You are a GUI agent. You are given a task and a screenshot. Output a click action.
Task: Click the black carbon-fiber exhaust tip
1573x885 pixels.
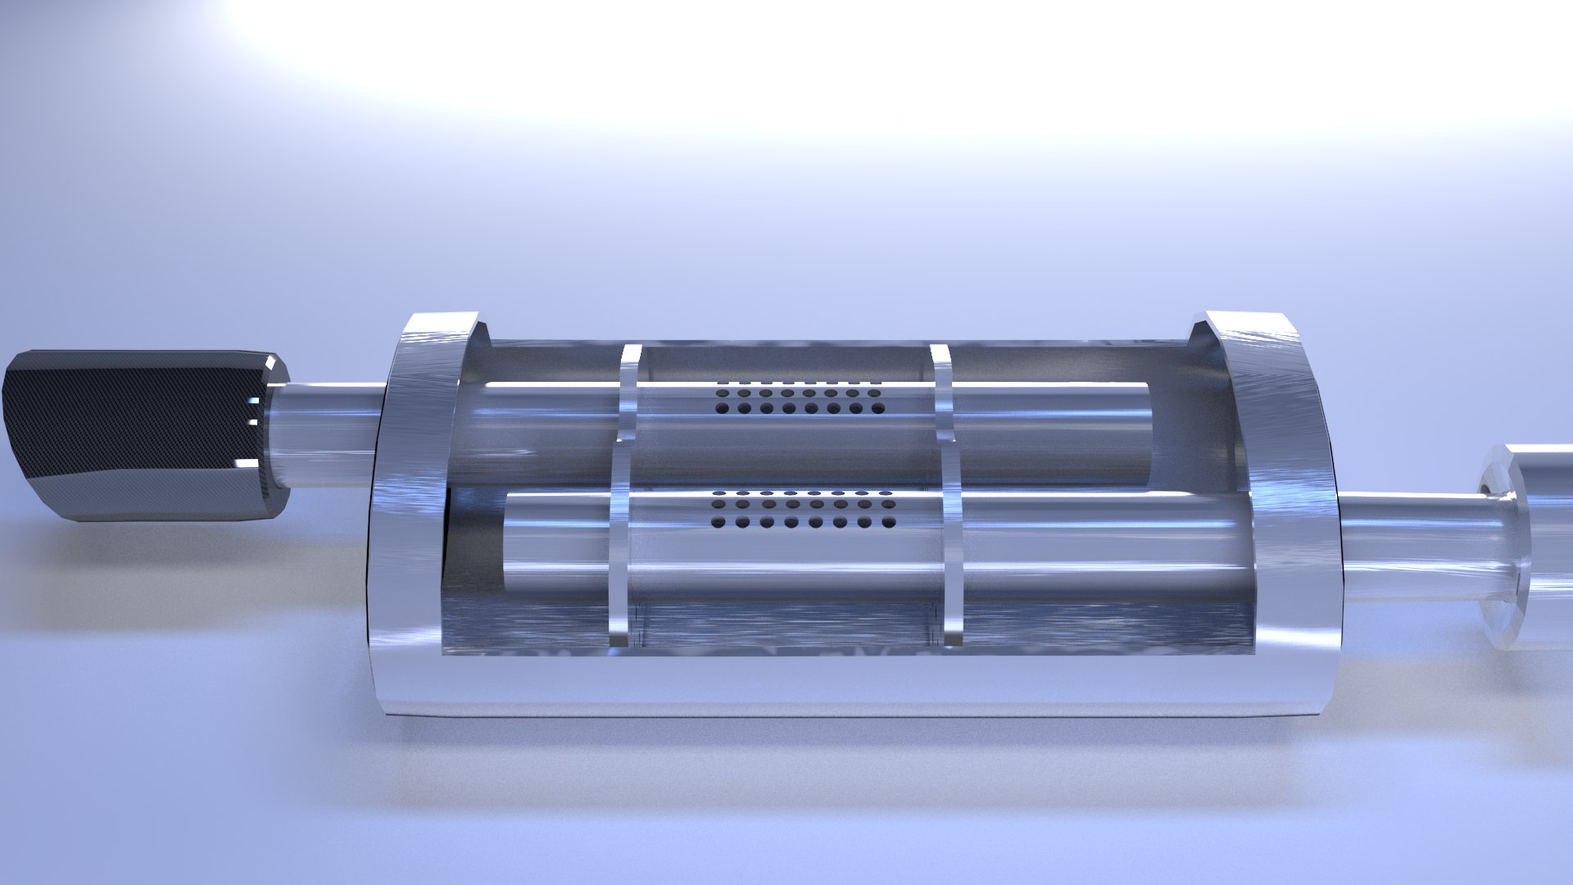139,434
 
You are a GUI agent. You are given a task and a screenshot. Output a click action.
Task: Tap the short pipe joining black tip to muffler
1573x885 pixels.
328,434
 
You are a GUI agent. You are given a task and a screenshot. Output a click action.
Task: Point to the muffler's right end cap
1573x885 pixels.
1286,508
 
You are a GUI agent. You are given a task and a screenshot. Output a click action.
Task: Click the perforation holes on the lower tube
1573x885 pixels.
803,509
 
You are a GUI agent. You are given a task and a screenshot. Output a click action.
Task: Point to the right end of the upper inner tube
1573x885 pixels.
1147,434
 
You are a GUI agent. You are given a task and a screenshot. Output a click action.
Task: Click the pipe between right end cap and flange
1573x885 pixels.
1409,545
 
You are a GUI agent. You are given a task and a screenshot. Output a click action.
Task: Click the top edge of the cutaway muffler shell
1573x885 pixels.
819,338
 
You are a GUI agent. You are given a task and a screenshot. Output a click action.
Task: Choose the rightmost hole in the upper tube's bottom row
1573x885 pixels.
877,408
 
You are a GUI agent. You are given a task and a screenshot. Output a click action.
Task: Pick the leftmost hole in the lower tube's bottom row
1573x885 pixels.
719,522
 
